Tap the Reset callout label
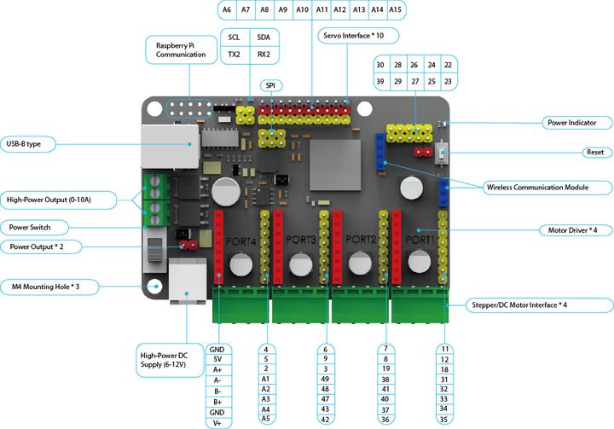click(594, 152)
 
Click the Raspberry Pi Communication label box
click(181, 49)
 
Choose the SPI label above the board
click(270, 85)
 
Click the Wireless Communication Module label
click(546, 187)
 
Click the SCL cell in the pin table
click(234, 38)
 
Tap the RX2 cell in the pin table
click(264, 55)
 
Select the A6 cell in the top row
click(225, 10)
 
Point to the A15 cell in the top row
click(395, 10)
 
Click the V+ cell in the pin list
click(217, 423)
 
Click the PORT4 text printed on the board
click(240, 243)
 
